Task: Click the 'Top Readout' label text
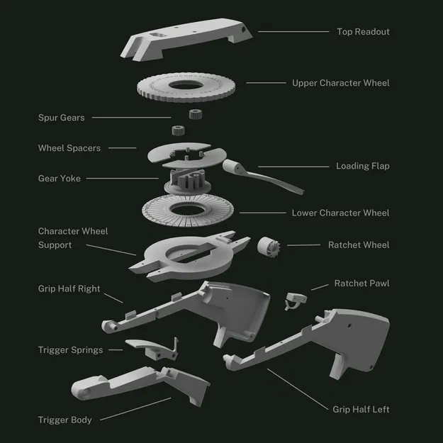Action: tap(362, 32)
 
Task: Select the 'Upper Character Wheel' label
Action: tap(340, 83)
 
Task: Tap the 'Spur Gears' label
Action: tap(62, 118)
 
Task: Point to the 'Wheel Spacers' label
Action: tap(69, 148)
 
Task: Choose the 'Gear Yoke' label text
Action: tap(60, 179)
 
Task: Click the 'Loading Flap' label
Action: tap(362, 166)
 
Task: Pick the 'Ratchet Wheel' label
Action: tap(359, 245)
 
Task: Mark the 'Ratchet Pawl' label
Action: tap(361, 284)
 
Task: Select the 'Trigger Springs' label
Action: tap(70, 350)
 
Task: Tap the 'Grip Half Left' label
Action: tap(361, 409)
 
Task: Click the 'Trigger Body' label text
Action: tap(65, 420)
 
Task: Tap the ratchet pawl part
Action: tap(293, 300)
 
